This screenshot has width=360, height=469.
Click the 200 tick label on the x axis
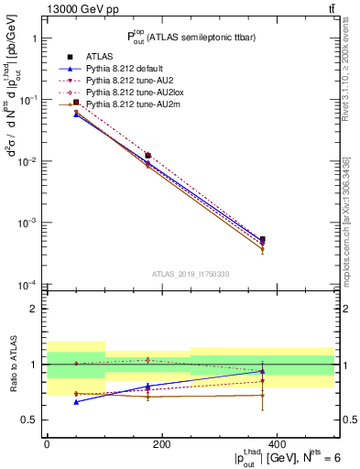pos(161,443)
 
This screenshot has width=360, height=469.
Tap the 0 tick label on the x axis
pos(47,443)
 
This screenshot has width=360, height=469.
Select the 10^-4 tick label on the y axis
pos(25,284)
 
